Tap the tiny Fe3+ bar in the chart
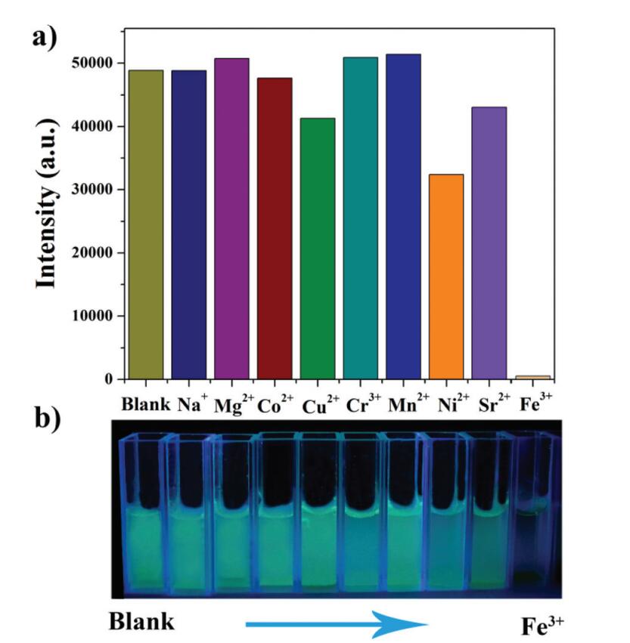pos(532,376)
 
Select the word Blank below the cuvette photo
pos(141,622)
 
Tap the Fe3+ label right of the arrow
pos(542,625)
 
